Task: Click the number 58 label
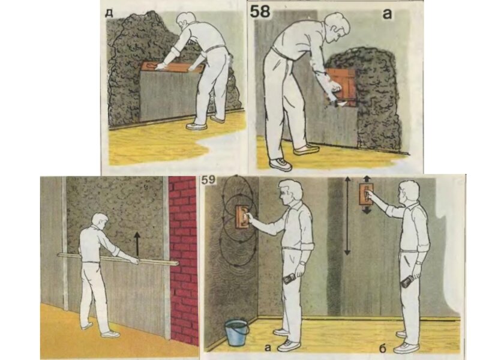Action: [x=260, y=11]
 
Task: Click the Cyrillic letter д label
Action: [x=109, y=13]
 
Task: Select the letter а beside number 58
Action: [x=387, y=13]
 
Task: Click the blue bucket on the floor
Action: [x=236, y=332]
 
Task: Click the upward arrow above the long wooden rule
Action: [x=137, y=244]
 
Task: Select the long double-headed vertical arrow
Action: [x=347, y=215]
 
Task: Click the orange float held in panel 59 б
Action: [x=366, y=194]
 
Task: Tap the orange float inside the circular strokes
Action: [x=242, y=217]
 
